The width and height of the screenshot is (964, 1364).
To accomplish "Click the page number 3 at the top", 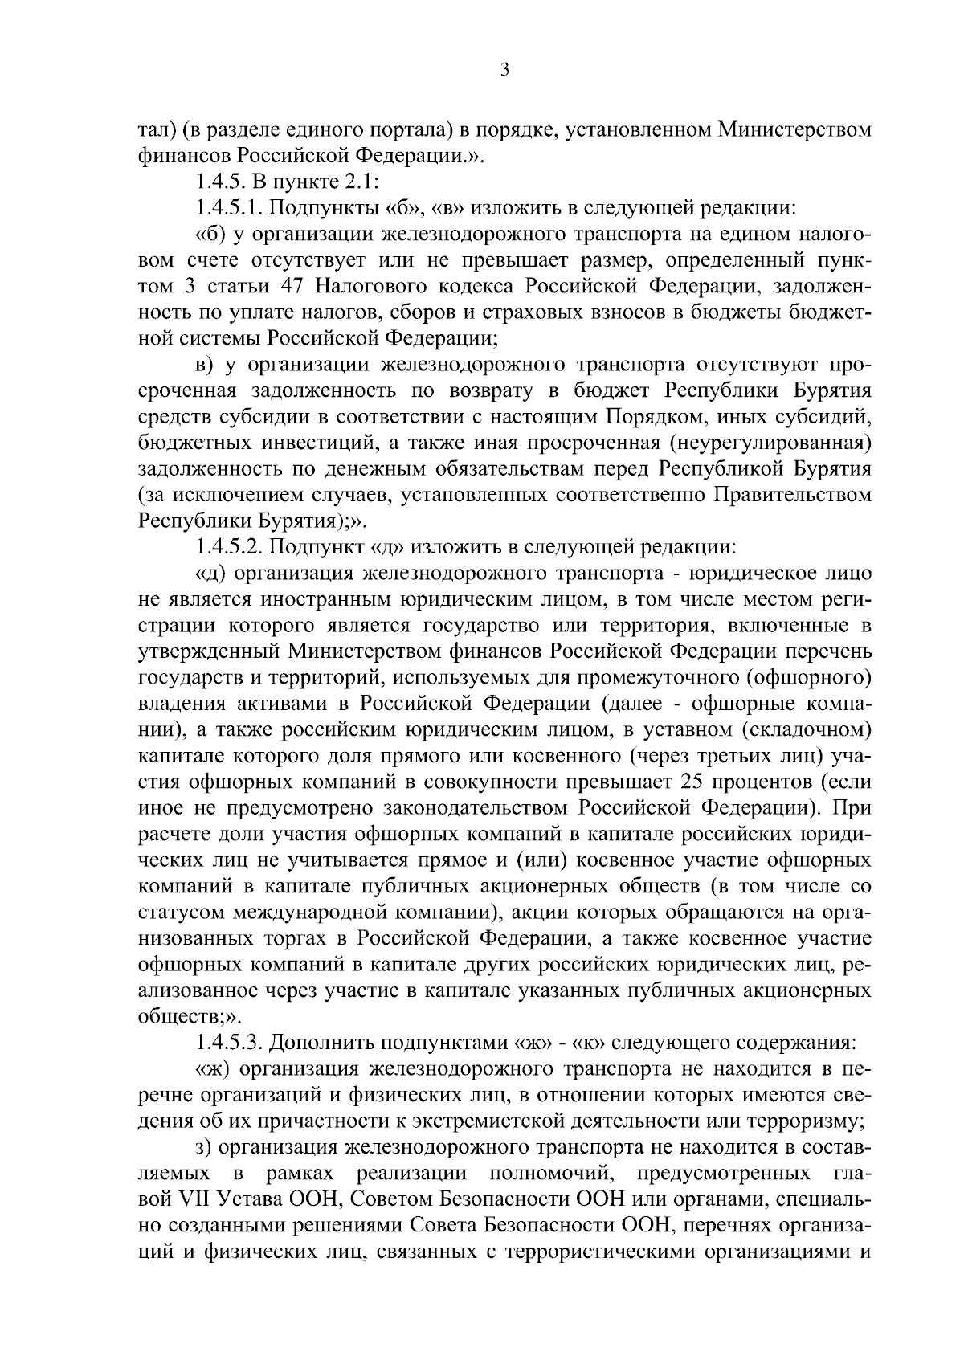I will (504, 70).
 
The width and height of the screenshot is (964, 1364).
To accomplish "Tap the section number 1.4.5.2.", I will (230, 548).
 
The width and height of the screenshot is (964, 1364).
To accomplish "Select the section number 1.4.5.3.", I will (230, 1043).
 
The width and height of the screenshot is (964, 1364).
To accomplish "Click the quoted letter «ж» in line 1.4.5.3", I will (530, 1043).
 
